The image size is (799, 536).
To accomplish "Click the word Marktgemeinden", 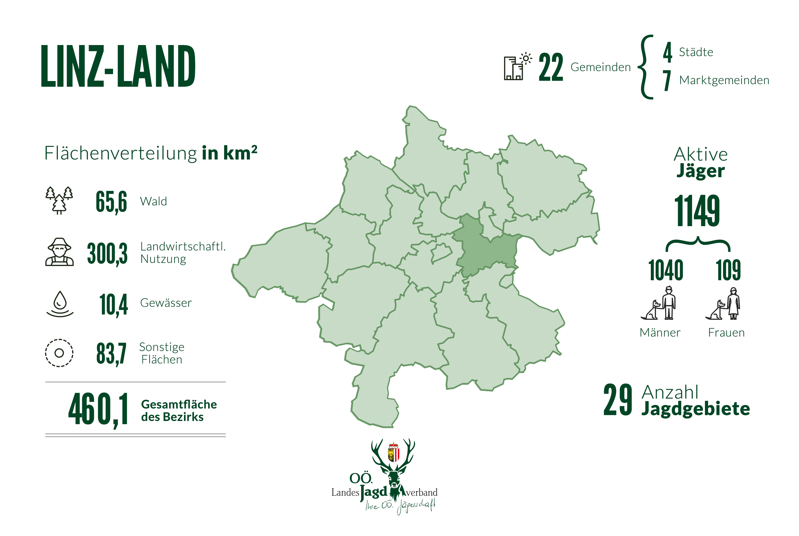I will [724, 80].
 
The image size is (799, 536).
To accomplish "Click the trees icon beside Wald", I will [59, 200].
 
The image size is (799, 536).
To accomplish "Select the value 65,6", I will [111, 202].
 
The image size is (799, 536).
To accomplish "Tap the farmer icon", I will [59, 252].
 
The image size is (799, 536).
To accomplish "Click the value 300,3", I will [107, 253].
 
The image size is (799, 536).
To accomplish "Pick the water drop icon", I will [60, 303].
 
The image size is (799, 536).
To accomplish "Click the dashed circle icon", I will [59, 353].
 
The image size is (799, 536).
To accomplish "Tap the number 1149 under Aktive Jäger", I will [697, 210].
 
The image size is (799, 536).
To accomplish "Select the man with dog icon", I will [658, 303].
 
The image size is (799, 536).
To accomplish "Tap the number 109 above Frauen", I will [728, 270].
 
